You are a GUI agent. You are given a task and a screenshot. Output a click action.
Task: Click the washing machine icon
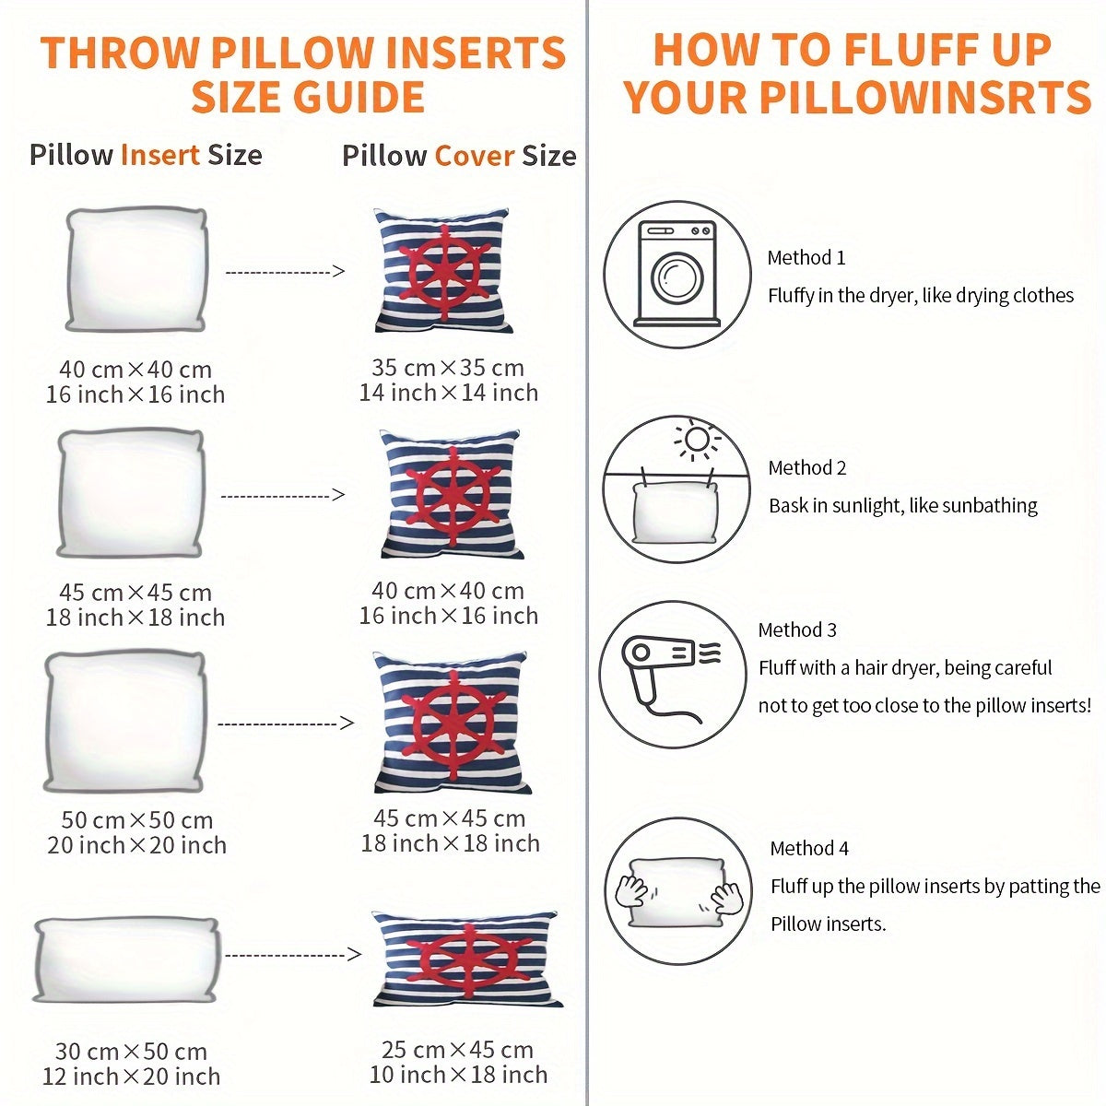point(677,274)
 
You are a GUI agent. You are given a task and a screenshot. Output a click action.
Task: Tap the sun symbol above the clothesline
point(698,440)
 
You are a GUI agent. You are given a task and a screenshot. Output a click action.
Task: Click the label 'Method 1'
point(806,258)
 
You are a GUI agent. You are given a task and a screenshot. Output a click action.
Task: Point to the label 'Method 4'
point(809,848)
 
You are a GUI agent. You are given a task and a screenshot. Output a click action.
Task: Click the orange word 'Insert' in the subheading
point(160,155)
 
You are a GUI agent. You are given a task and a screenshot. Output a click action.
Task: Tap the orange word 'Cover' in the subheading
point(474,156)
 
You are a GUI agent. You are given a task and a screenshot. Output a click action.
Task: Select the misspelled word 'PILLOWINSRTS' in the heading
point(925,97)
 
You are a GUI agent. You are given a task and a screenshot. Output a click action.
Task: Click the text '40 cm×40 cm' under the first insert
point(135,370)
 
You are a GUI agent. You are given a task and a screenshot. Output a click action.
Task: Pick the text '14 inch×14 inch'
point(449,393)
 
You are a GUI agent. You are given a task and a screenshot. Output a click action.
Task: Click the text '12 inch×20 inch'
point(132,1077)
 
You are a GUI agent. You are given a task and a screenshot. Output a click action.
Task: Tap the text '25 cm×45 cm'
point(457,1050)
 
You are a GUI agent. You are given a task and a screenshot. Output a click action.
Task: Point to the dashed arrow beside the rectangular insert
point(293,955)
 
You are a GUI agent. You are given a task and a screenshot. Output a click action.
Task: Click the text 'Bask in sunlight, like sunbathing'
point(903,506)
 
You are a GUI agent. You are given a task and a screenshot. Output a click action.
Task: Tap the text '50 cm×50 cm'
point(137,820)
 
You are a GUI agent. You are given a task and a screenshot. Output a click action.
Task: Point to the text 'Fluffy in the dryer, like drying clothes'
point(921,296)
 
